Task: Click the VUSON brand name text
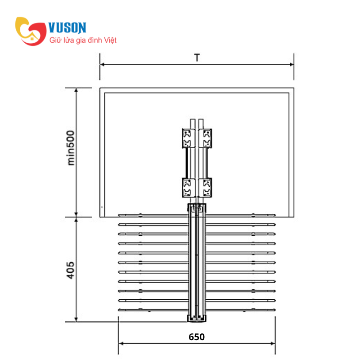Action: tap(67, 27)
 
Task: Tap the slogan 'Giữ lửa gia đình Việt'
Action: tap(83, 40)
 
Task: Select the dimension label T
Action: tap(197, 58)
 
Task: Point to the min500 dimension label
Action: tap(71, 148)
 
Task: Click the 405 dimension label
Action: tap(71, 270)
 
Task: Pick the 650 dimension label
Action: tap(197, 337)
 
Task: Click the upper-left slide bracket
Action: tap(189, 138)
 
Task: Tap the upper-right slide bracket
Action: tap(205, 138)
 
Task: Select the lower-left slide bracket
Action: tap(189, 188)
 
